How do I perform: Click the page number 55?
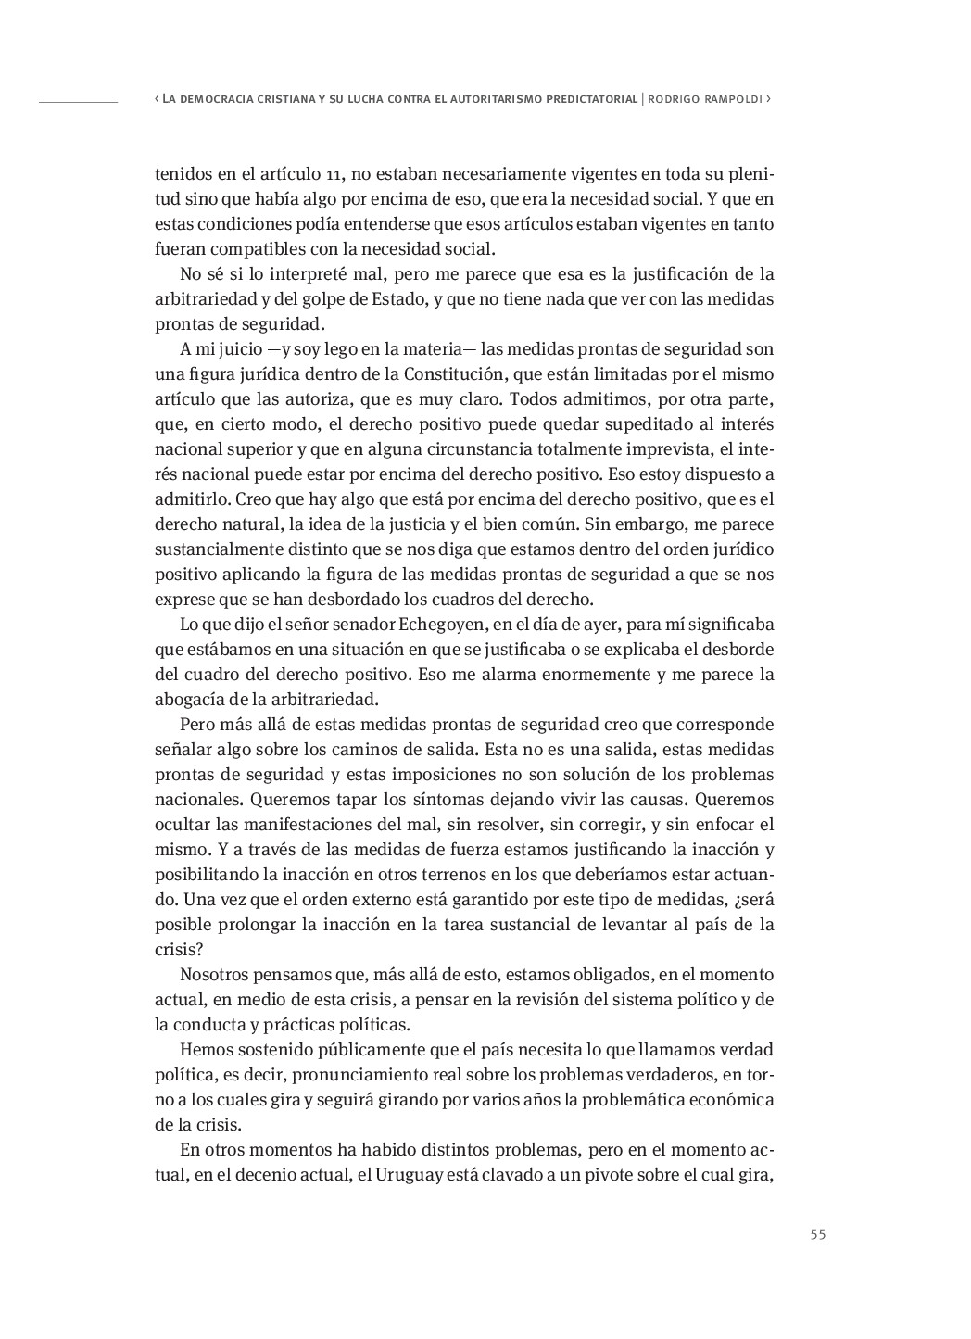coord(817,1233)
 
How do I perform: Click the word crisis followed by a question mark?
coord(176,950)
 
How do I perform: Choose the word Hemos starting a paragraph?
coord(205,1050)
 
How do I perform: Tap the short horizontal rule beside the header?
coord(78,99)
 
